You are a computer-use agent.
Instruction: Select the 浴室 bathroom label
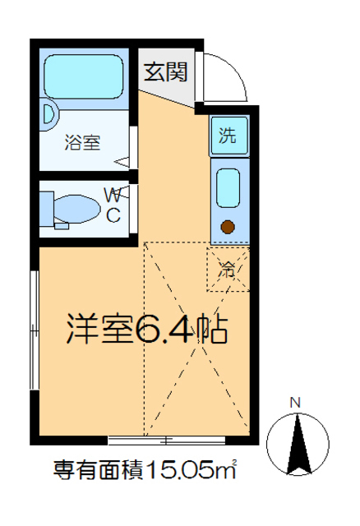coord(83,142)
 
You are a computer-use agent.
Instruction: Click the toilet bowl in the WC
coord(85,208)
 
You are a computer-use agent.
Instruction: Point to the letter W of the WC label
coord(113,196)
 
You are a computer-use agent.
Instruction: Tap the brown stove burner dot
coord(228,226)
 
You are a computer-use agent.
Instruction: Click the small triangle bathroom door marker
coord(124,162)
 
